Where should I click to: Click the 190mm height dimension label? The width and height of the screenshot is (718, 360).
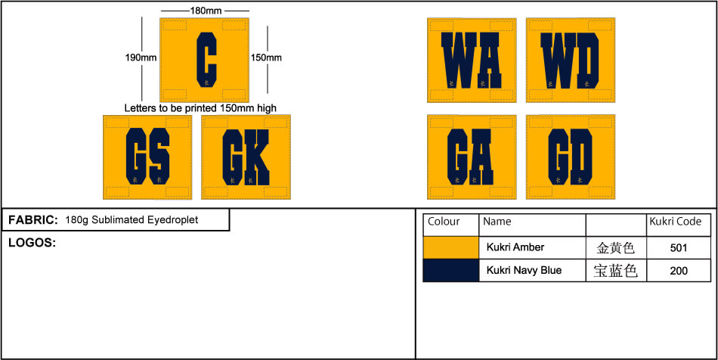pyautogui.click(x=141, y=57)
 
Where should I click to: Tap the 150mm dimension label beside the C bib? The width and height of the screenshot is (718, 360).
pyautogui.click(x=266, y=57)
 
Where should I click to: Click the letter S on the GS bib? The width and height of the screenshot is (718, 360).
pyautogui.click(x=159, y=157)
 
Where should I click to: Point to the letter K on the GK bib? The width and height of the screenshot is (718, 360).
pyautogui.click(x=257, y=157)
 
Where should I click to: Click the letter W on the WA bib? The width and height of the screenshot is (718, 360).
pyautogui.click(x=459, y=60)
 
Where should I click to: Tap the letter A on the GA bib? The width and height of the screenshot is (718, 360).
pyautogui.click(x=481, y=157)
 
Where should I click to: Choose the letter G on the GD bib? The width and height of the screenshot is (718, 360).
pyautogui.click(x=558, y=157)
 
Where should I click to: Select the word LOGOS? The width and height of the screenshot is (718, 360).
pyautogui.click(x=32, y=244)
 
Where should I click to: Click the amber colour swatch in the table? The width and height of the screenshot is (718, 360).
pyautogui.click(x=451, y=248)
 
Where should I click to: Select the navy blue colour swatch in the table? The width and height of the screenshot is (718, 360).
pyautogui.click(x=451, y=270)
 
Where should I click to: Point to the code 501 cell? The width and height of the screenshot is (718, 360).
pyautogui.click(x=679, y=248)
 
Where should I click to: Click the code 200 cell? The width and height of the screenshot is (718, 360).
pyautogui.click(x=679, y=270)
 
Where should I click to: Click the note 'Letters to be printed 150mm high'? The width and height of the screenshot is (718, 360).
pyautogui.click(x=200, y=109)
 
